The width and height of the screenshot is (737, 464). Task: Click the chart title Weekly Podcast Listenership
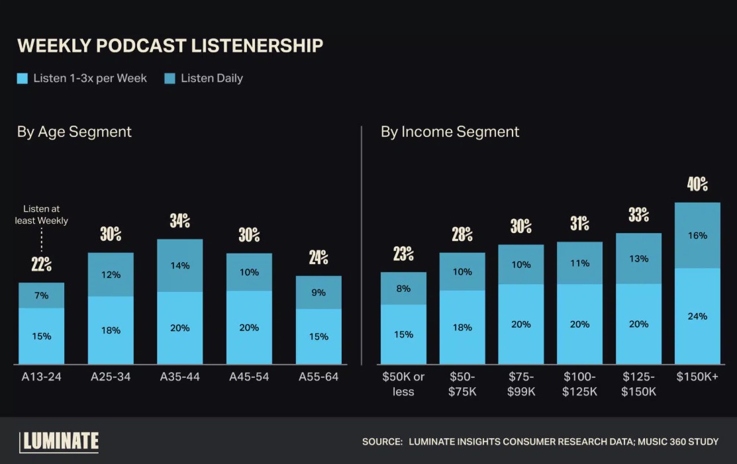(170, 46)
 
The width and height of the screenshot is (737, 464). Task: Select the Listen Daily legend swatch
(170, 79)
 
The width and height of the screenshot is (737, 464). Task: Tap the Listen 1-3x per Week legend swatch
(23, 79)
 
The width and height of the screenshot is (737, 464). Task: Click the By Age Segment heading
(74, 132)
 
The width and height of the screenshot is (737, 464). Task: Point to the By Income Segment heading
(450, 132)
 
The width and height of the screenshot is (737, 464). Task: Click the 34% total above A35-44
(179, 221)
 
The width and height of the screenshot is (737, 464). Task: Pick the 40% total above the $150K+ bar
(697, 185)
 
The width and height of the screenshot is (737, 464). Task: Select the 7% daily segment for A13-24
(41, 295)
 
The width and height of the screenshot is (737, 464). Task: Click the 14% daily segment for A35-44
(179, 265)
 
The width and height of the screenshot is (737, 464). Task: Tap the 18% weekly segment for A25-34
(111, 330)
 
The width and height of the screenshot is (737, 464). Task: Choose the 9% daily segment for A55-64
(319, 293)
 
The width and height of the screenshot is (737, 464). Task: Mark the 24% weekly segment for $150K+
(697, 316)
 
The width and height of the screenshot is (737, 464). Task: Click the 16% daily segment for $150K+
(697, 236)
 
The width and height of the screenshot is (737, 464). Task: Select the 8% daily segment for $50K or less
(403, 289)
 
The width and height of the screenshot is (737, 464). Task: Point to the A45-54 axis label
(249, 377)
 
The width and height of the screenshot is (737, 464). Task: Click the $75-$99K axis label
(521, 384)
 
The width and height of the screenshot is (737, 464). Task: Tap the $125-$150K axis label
(639, 384)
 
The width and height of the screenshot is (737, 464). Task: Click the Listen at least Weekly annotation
(41, 214)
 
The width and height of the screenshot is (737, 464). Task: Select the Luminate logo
(59, 441)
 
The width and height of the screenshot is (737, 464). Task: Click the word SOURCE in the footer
(382, 441)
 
